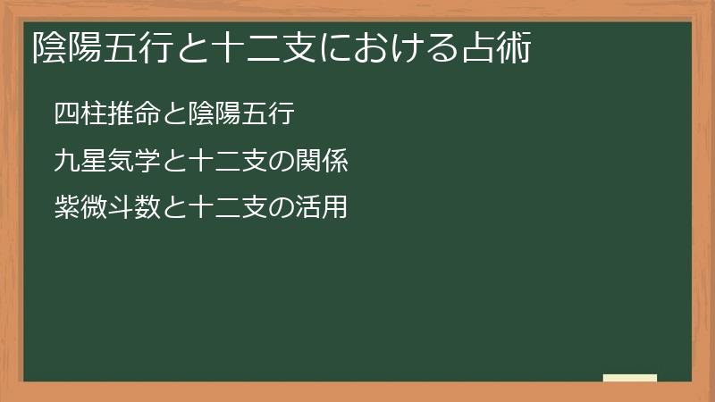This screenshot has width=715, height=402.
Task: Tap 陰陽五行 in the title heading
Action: (x=99, y=47)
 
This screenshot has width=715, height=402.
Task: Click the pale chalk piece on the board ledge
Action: (x=629, y=378)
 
